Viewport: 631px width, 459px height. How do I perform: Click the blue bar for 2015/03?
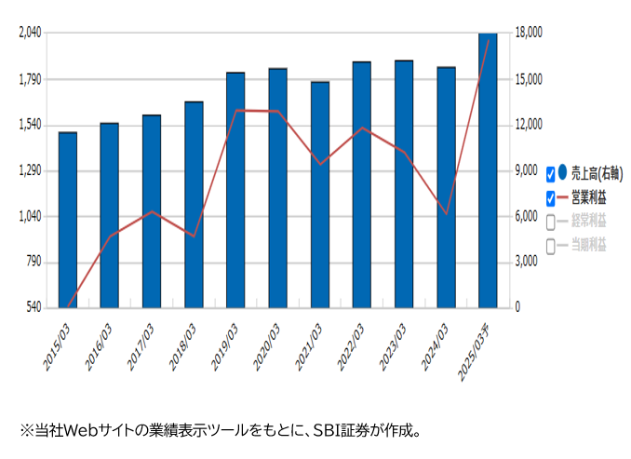68,220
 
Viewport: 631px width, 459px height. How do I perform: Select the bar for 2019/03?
235,190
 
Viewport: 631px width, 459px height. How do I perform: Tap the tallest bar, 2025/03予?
488,170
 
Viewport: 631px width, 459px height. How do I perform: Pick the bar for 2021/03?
320,195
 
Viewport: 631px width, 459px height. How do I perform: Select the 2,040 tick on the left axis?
31,33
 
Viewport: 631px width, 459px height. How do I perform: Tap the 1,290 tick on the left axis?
31,170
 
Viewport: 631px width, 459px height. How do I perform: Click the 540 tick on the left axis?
34,307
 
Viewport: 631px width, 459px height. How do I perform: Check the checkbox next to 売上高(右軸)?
551,174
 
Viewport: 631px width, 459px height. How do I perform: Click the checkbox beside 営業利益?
551,198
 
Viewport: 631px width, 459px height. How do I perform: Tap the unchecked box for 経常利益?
551,223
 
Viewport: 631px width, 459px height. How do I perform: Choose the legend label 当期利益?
588,245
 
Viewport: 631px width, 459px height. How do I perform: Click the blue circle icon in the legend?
562,172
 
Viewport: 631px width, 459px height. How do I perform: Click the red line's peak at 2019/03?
236,110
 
